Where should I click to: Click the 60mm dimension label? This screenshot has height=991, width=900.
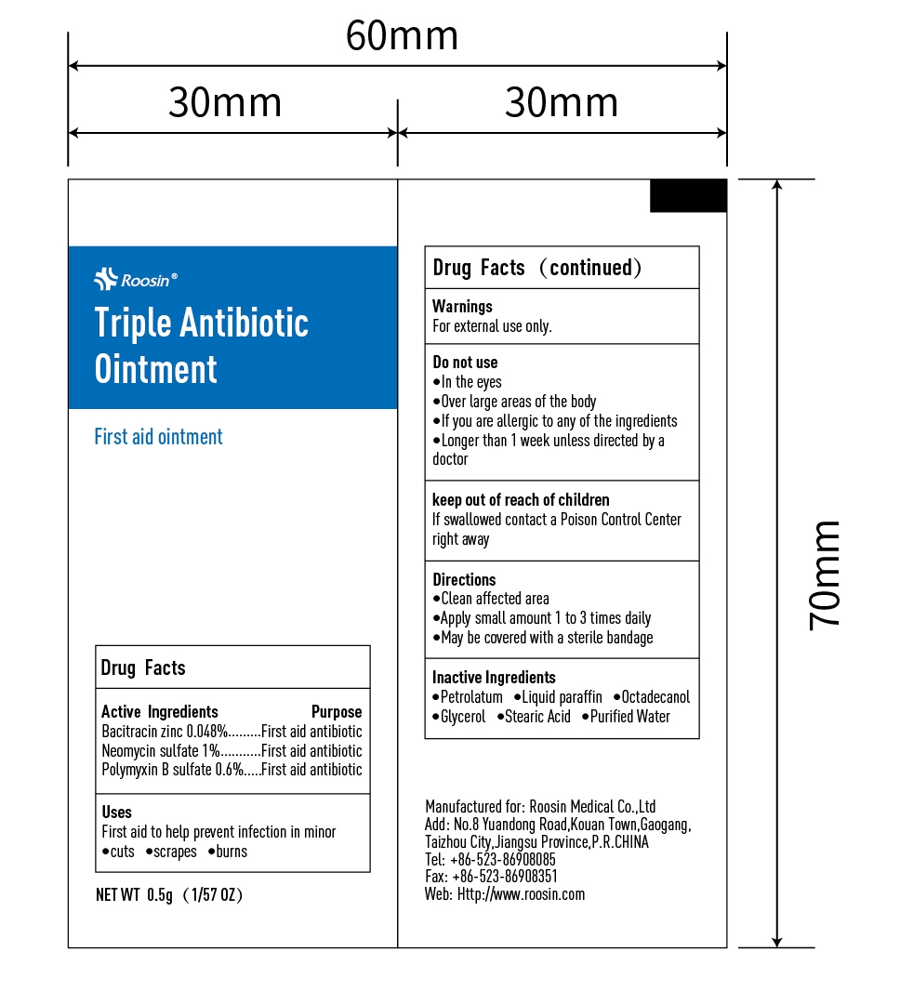click(402, 37)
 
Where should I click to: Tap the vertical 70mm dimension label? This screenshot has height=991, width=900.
click(825, 575)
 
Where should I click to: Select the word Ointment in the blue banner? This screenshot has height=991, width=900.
click(155, 369)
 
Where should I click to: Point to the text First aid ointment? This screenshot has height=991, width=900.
click(158, 437)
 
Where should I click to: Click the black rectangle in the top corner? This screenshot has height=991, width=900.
click(688, 196)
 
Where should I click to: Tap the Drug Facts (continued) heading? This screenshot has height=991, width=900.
click(537, 268)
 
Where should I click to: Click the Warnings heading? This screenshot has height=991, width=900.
click(462, 306)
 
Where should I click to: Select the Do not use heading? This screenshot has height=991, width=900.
click(465, 363)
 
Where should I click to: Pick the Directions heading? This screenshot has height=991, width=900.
click(464, 579)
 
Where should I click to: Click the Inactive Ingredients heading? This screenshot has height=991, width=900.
click(494, 678)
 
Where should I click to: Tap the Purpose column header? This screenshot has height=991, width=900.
click(337, 712)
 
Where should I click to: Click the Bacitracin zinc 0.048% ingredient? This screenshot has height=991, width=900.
click(165, 732)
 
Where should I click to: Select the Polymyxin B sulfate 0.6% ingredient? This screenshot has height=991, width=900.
click(172, 770)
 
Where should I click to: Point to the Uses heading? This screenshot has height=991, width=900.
click(116, 813)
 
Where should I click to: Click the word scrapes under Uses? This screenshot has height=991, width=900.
click(175, 852)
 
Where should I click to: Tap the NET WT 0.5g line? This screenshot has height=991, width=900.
click(170, 895)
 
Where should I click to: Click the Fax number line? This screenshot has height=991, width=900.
click(491, 877)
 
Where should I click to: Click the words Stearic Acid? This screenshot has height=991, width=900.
click(537, 717)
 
